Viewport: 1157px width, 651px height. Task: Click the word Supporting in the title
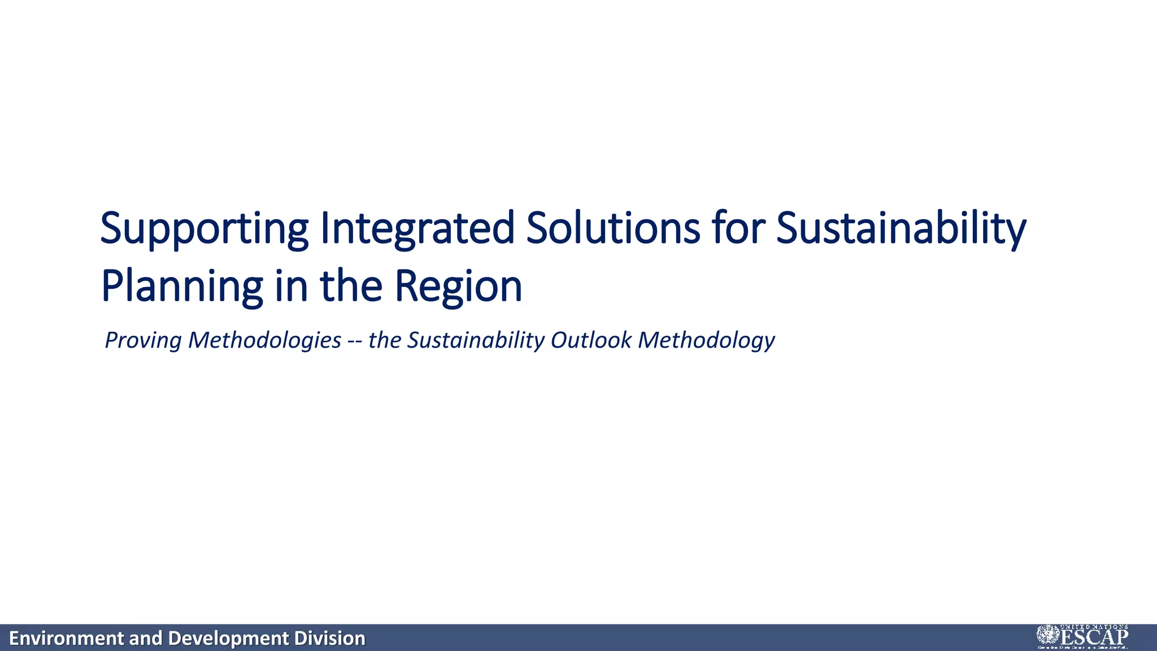click(x=204, y=228)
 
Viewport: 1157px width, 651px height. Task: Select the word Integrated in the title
click(x=417, y=228)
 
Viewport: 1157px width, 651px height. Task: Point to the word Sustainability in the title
click(x=901, y=228)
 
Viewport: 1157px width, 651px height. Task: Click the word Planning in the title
click(x=181, y=287)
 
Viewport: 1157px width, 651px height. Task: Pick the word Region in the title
click(x=458, y=287)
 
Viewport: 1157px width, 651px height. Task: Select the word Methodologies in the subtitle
click(x=264, y=340)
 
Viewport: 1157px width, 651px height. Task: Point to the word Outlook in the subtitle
click(x=591, y=340)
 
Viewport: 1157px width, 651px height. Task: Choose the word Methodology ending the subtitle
click(x=706, y=340)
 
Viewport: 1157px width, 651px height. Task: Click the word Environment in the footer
click(x=67, y=638)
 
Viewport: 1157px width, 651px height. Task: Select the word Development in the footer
click(x=228, y=638)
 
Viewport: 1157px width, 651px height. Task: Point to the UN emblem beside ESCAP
click(x=1048, y=635)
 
